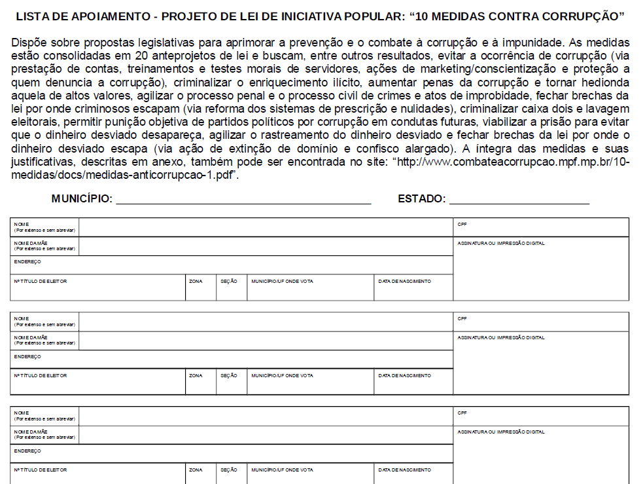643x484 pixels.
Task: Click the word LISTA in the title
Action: point(32,15)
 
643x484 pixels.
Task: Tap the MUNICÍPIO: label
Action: point(82,199)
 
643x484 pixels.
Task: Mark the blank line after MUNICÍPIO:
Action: point(243,200)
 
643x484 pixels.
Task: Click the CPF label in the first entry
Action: point(462,224)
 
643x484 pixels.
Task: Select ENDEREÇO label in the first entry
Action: point(27,262)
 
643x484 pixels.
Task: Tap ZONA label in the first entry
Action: point(196,281)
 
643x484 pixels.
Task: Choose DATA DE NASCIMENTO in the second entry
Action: point(404,376)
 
